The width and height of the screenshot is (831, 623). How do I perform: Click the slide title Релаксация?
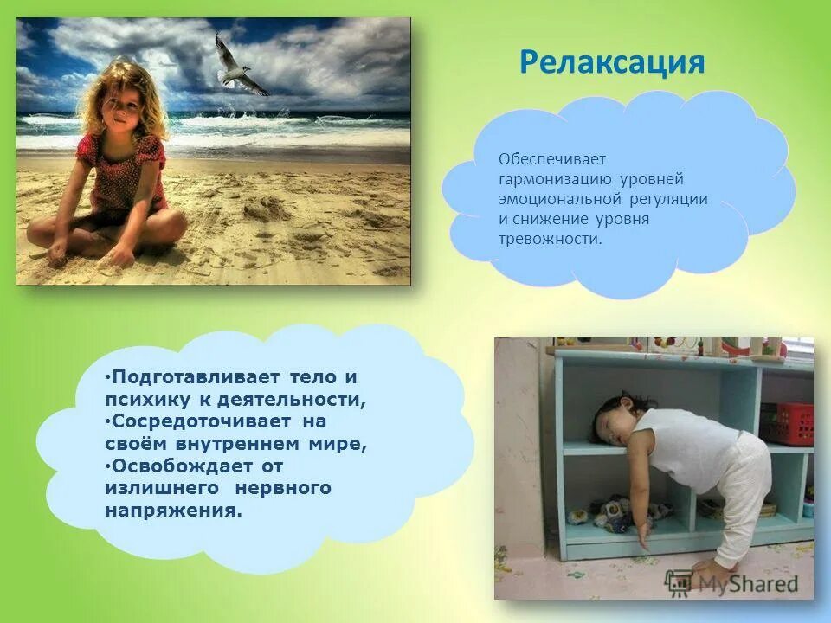[x=612, y=62]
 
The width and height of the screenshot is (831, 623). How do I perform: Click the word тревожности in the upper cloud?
[x=549, y=238]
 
